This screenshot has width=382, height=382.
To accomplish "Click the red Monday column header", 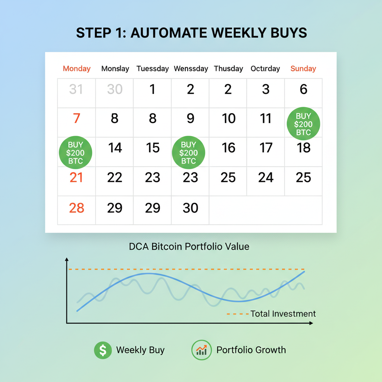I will coord(76,69).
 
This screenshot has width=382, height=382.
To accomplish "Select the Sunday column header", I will coord(303,69).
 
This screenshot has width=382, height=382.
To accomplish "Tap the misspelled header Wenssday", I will coord(191,69).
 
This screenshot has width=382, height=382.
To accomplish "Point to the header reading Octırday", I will coord(265,69).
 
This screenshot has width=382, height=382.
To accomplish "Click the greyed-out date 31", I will coord(76,90).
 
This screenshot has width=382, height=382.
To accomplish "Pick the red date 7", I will coord(76,119).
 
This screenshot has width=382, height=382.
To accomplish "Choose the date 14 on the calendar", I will coord(115,148).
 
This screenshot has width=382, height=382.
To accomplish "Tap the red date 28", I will coord(76,208).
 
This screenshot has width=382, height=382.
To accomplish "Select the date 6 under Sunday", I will coord(303,90).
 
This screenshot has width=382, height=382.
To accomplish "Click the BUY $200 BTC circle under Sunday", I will coord(303,124).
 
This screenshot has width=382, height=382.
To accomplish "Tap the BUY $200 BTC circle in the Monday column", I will coord(76,153).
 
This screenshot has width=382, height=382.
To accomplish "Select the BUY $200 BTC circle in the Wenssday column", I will coord(188,153).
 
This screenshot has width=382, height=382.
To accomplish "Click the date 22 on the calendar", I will coord(115,178).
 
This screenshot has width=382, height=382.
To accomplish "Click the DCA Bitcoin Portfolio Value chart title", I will coord(189,247).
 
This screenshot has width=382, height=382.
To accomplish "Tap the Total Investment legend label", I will coord(283,314).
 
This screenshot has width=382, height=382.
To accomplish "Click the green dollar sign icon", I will coord(103,350).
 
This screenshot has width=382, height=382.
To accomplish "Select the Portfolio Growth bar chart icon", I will coord(201,350).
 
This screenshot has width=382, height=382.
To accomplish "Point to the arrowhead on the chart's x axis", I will coord(311,323).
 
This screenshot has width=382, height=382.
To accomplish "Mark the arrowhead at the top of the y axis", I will coord(67,259).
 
